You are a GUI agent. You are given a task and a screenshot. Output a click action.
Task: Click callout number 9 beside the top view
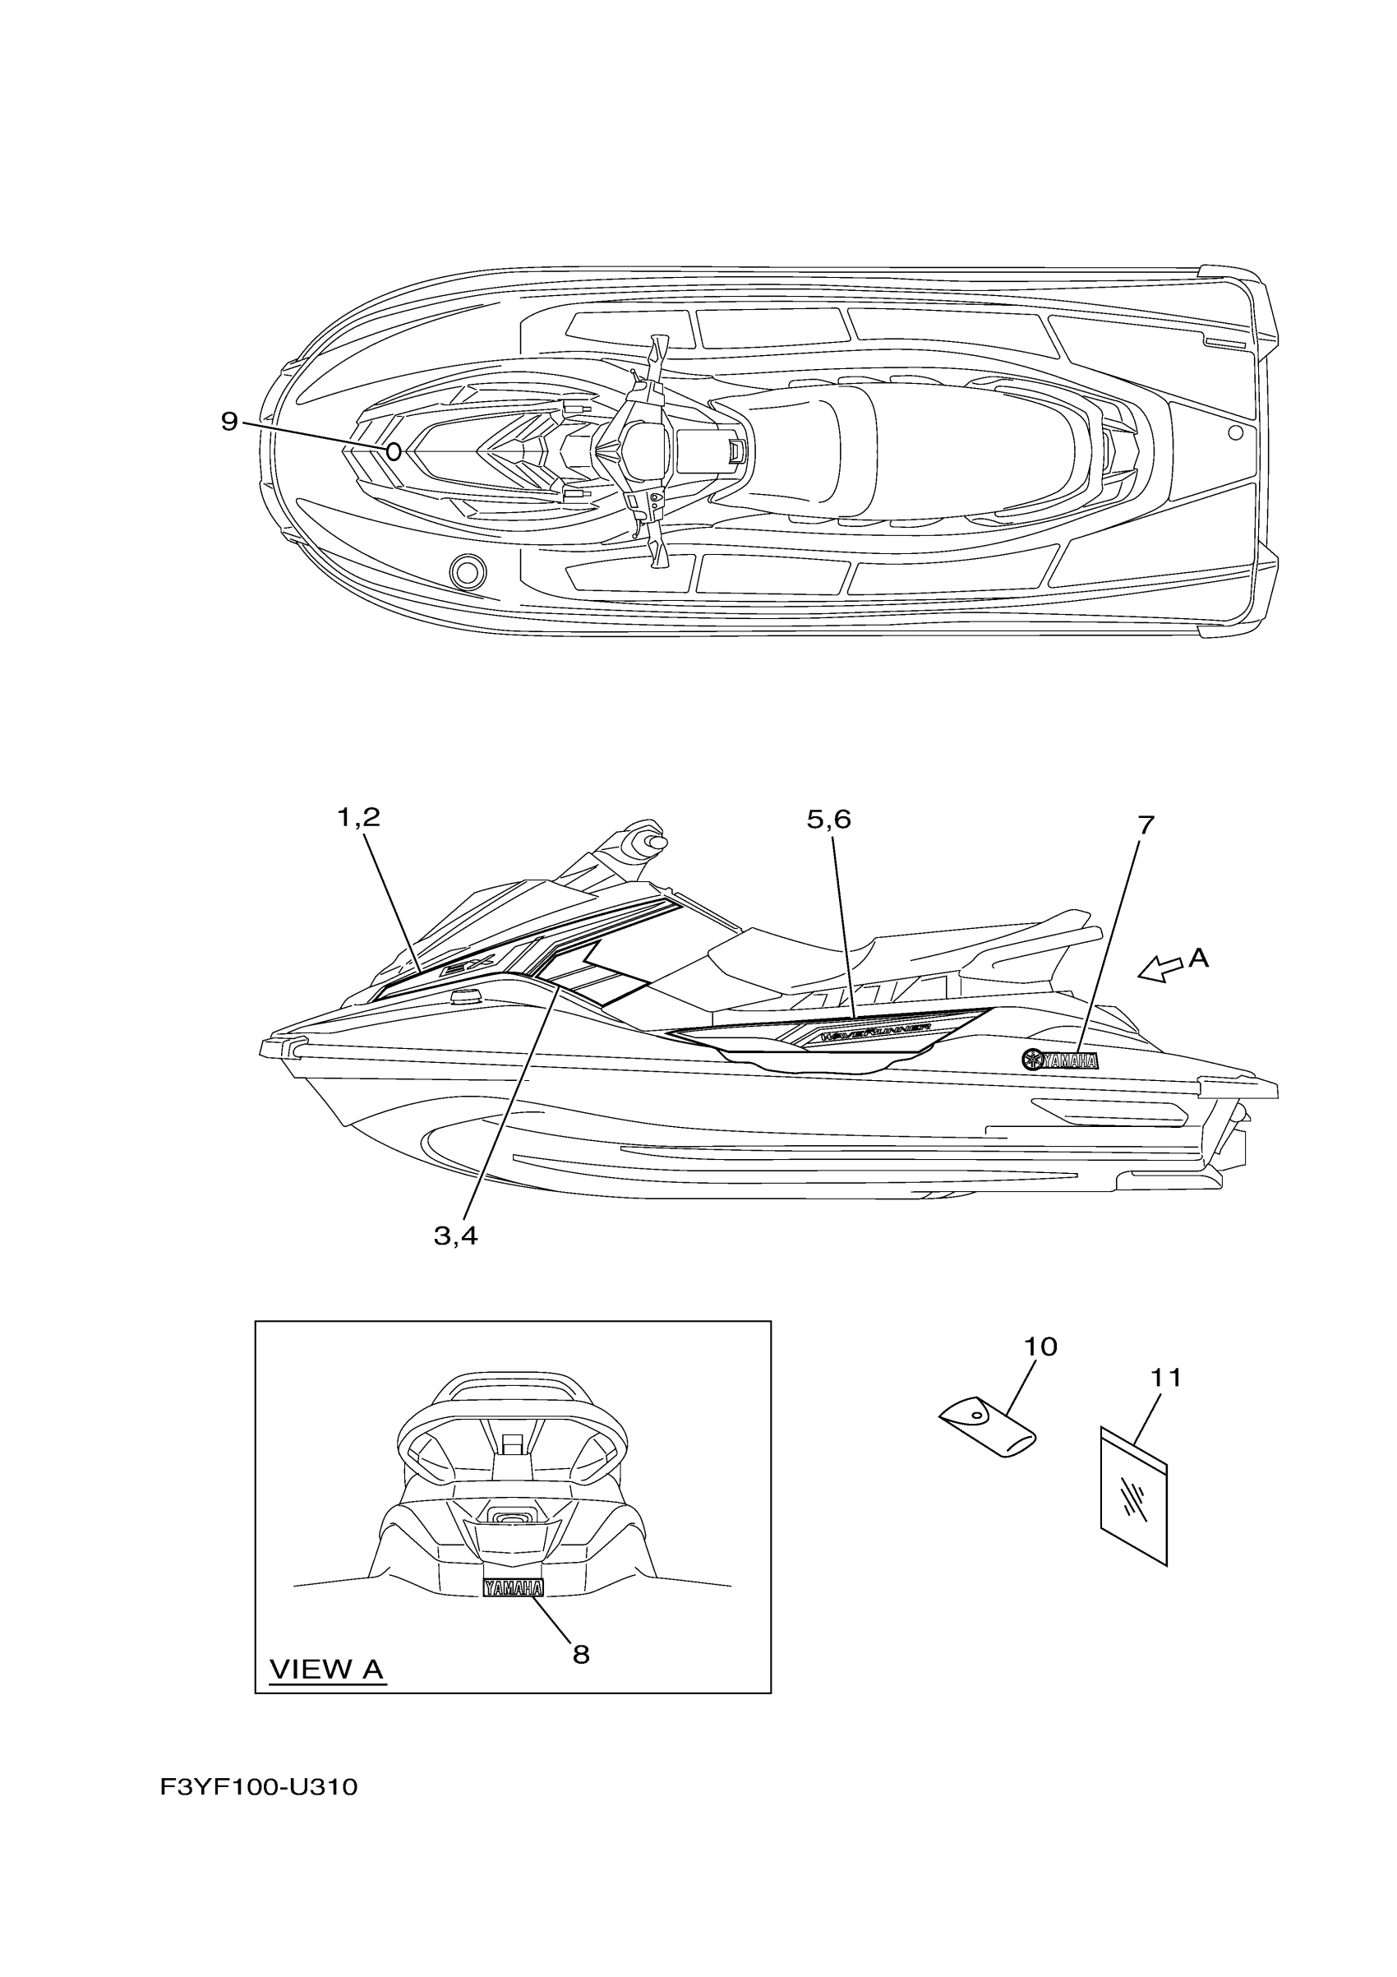[229, 422]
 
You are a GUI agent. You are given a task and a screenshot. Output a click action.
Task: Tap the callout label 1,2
[358, 817]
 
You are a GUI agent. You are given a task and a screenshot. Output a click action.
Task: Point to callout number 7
[1145, 825]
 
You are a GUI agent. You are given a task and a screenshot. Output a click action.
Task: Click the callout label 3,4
[455, 1236]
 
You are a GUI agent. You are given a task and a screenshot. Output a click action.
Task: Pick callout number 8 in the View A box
[581, 1653]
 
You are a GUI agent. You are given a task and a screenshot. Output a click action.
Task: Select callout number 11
[1166, 1378]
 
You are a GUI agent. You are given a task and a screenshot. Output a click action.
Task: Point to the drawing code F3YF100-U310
[259, 1787]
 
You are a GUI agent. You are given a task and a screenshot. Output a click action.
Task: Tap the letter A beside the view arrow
[1199, 958]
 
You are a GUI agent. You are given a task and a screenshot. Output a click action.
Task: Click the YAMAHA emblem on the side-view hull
[1059, 1060]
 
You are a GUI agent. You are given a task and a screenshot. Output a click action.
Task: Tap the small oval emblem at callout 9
[394, 451]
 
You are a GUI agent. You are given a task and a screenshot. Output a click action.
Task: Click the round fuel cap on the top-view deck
[468, 570]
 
